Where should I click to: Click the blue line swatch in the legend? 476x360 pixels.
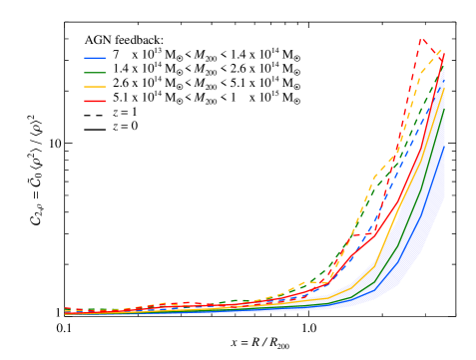coord(95,58)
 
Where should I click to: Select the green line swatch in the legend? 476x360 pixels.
coord(95,73)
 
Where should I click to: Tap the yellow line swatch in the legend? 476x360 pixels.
coord(95,87)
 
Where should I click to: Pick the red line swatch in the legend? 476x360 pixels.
coord(95,101)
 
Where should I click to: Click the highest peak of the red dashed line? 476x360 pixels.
coord(421,41)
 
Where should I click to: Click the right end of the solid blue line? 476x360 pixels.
coord(444,147)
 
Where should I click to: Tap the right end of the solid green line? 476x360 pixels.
coord(444,107)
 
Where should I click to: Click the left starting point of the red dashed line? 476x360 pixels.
coord(66,309)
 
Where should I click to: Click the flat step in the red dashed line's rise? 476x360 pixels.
coord(359,235)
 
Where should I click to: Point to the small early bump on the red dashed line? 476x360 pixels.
coord(175,303)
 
